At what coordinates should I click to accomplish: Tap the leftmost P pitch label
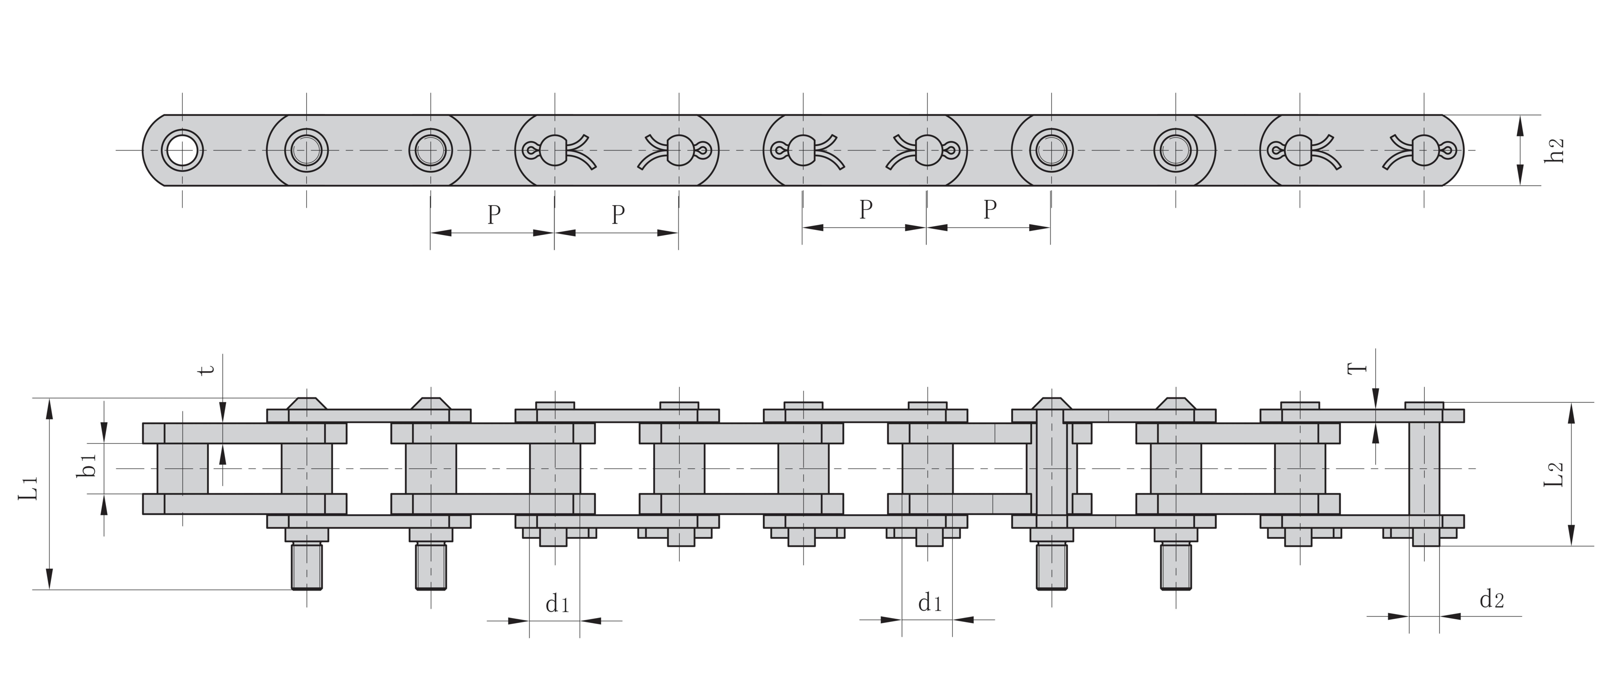pyautogui.click(x=494, y=215)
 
